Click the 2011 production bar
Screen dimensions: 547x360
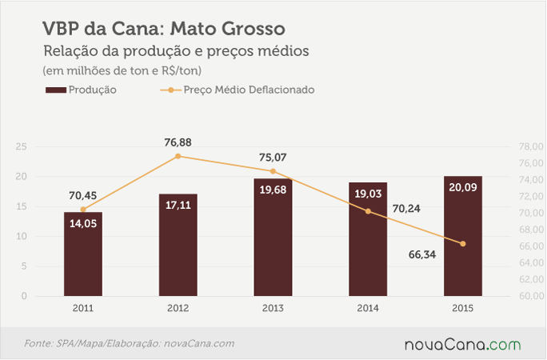(83, 254)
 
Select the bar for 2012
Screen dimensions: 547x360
(178, 245)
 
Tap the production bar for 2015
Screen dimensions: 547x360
(463, 236)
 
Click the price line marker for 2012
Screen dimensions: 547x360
(178, 156)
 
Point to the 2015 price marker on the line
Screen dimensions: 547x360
(463, 244)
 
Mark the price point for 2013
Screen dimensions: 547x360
(273, 171)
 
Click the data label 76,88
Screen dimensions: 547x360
(178, 142)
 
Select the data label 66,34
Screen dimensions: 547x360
(422, 254)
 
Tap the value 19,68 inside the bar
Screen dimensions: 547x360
(273, 190)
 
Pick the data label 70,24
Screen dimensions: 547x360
(406, 209)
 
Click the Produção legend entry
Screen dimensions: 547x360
(81, 90)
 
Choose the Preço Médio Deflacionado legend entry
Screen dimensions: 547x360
(238, 90)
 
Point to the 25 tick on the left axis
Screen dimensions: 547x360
(22, 146)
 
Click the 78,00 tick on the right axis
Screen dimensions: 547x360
(531, 146)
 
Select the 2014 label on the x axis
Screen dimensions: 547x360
(368, 308)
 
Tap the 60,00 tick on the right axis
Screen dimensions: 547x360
(531, 296)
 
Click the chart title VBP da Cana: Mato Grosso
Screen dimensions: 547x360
(164, 29)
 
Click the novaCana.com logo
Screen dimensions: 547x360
(462, 345)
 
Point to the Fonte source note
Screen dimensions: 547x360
(129, 344)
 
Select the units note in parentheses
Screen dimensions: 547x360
(122, 71)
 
